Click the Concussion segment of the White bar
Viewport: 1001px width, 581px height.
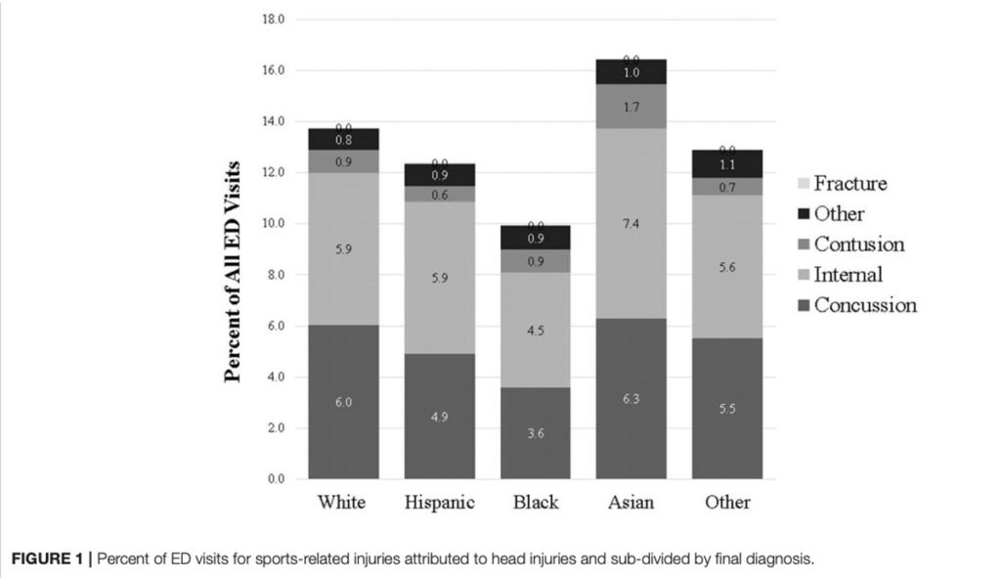(x=343, y=402)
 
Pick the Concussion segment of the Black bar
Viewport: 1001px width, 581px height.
(x=535, y=433)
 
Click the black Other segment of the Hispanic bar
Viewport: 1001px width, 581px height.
(x=439, y=175)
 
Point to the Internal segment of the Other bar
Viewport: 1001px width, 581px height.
(x=726, y=266)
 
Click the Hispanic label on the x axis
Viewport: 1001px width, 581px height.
(x=439, y=503)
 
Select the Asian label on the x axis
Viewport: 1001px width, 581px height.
(x=631, y=503)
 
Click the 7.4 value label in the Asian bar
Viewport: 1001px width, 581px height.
(x=631, y=224)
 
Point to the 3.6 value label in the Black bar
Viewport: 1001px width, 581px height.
(x=535, y=433)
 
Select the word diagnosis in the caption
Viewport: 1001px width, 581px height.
(x=777, y=559)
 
